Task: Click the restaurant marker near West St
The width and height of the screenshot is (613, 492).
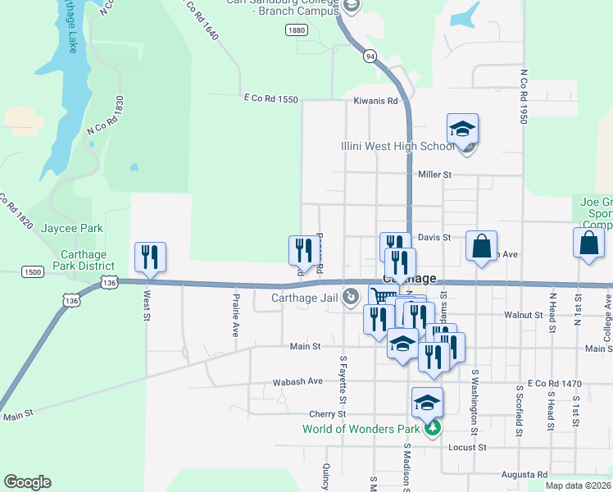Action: [x=150, y=256]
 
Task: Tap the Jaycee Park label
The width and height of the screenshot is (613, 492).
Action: [x=73, y=228]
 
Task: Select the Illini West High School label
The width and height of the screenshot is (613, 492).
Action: [x=397, y=146]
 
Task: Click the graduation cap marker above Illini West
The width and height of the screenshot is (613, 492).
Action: [x=462, y=128]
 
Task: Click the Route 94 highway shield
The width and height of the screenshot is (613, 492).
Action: [x=371, y=56]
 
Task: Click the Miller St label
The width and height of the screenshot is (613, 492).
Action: [x=434, y=175]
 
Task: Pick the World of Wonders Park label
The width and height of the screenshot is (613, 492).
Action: [x=361, y=429]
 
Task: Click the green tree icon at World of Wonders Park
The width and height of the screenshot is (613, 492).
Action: [x=432, y=427]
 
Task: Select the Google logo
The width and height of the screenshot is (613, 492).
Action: [x=27, y=482]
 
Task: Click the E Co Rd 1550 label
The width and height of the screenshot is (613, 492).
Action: [x=270, y=98]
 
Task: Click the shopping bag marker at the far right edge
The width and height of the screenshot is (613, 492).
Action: [x=589, y=244]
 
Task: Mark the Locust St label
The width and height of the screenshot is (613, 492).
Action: [x=468, y=448]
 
